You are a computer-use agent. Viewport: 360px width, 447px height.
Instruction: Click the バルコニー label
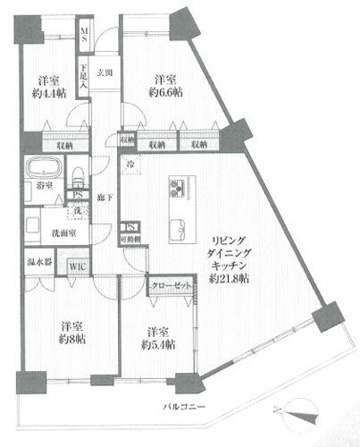click(187, 407)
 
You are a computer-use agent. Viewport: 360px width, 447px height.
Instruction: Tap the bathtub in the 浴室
click(41, 169)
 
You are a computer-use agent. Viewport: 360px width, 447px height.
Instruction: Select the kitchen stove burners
click(173, 188)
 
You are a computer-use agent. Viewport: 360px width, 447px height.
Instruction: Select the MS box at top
click(85, 36)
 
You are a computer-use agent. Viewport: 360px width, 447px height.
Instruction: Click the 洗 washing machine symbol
click(80, 212)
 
